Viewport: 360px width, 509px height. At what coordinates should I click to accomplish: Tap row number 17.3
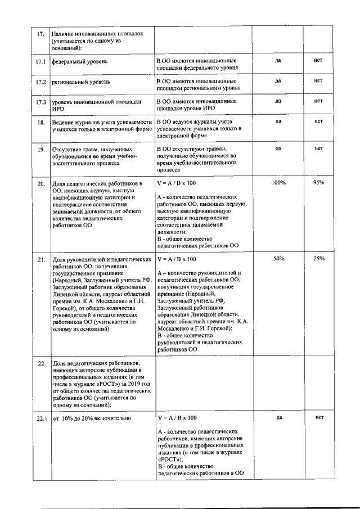(x=40, y=102)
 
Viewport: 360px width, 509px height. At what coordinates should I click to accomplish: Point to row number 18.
(x=40, y=122)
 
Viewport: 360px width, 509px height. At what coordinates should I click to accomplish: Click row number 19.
(x=40, y=150)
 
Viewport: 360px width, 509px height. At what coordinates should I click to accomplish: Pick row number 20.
(x=40, y=184)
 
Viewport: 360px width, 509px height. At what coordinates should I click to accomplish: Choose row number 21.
(x=40, y=260)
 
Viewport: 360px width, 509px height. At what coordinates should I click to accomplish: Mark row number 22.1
(x=40, y=418)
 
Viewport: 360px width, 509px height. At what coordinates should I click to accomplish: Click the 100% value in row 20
(x=278, y=183)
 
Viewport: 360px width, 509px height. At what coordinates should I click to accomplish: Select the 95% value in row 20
(x=318, y=183)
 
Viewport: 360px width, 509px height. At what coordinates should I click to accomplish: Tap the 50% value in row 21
(x=278, y=259)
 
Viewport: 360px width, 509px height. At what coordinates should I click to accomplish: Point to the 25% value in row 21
(x=318, y=259)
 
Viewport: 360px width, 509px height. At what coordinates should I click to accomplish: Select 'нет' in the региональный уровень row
(x=318, y=80)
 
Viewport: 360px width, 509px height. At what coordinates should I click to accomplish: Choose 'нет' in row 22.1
(x=319, y=417)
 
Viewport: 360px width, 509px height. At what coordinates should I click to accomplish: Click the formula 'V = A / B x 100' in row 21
(x=177, y=259)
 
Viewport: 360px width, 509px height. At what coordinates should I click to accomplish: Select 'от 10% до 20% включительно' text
(x=92, y=418)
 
